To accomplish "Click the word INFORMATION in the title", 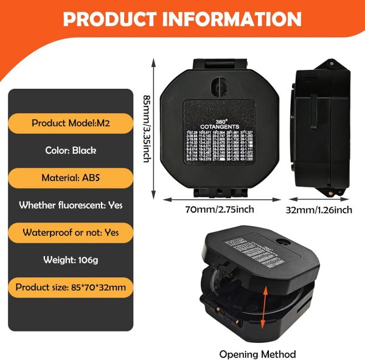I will pos(235,19).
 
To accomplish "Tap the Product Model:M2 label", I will pos(71,123).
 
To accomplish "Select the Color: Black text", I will pos(71,150).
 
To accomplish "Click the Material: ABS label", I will pos(71,178).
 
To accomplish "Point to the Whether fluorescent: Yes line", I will pos(71,206).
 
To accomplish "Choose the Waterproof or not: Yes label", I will pos(71,232).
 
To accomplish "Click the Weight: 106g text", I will pos(71,260).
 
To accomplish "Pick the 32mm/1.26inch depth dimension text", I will pos(320,210).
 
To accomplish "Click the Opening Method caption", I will pos(257,354).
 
